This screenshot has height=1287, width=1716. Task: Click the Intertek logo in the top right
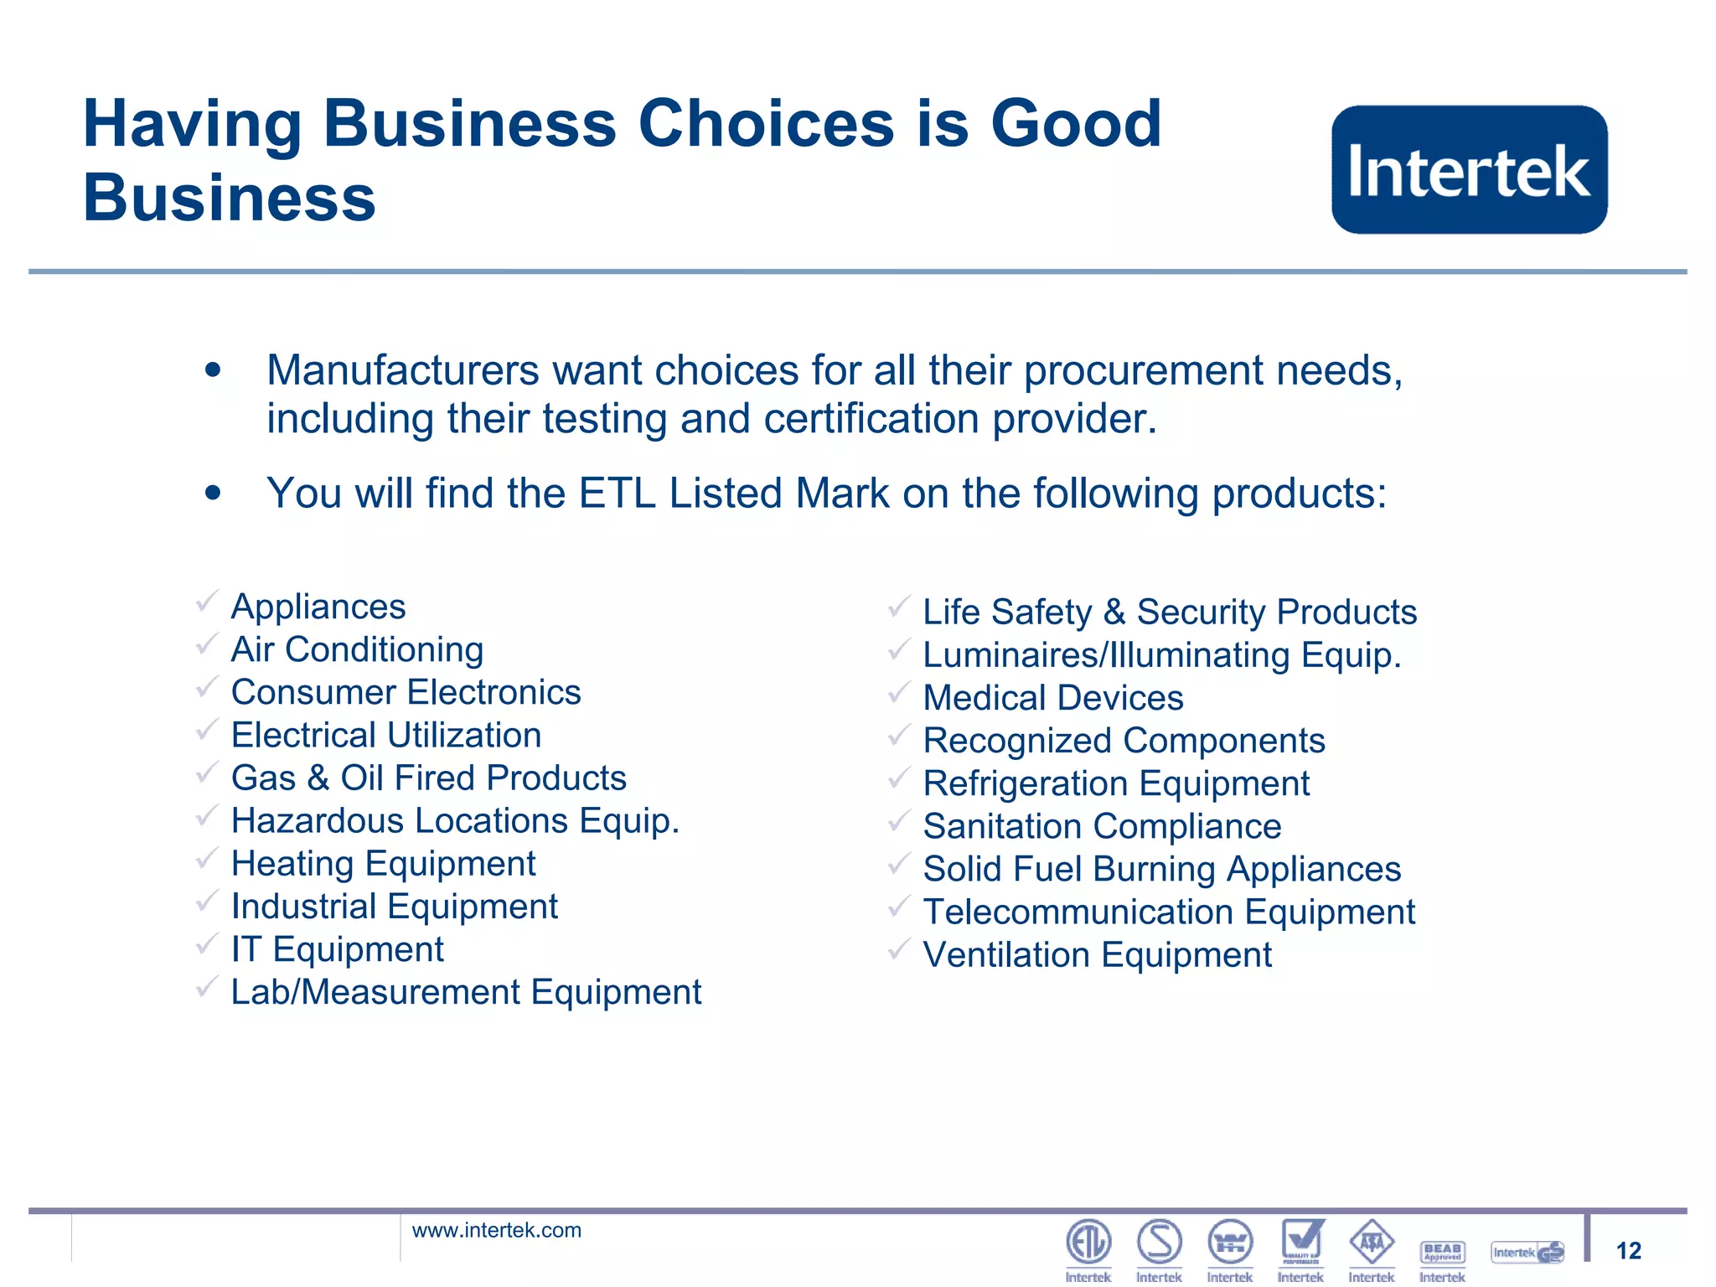1469,169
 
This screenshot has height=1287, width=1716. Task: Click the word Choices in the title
767,124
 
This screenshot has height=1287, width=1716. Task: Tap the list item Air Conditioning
357,649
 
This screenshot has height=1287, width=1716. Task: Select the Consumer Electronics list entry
406,692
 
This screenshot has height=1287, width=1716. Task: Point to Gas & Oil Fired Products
428,778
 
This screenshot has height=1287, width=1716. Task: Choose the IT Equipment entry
337,949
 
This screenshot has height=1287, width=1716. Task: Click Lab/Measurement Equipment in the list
466,992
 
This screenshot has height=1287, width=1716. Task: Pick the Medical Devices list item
1052,698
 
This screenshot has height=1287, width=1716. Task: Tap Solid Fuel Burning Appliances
1161,869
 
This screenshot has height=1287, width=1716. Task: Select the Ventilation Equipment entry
1097,955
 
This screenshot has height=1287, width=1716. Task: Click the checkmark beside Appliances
207,601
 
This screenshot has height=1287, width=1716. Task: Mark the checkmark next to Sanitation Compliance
899,821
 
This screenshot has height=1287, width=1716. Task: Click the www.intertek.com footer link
496,1230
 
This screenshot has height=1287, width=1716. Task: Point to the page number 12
1628,1251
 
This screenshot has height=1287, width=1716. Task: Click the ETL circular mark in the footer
1088,1242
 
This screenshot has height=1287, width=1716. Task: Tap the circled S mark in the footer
1160,1242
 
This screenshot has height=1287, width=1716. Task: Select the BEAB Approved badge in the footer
1442,1252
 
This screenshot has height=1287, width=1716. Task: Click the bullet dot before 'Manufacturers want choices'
213,370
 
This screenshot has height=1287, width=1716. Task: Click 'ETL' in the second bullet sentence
617,493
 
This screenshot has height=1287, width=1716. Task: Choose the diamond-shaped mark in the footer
1372,1242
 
